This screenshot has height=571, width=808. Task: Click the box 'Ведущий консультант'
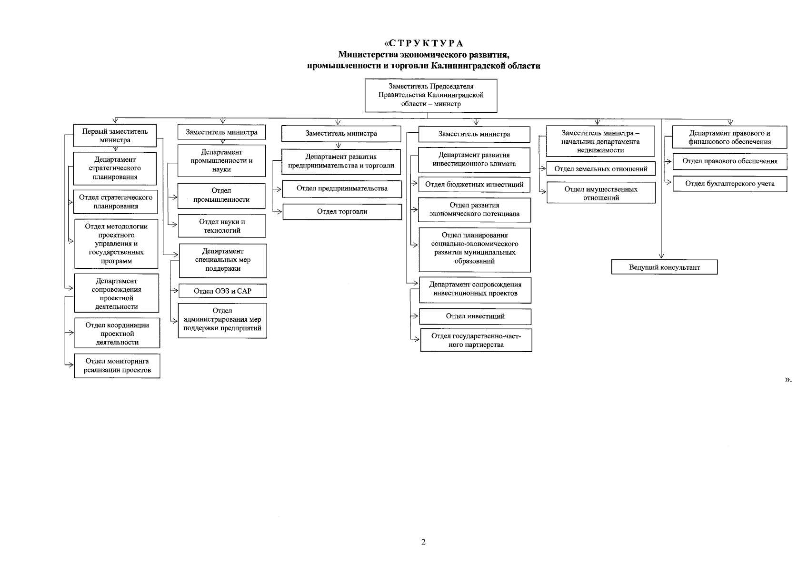tap(664, 267)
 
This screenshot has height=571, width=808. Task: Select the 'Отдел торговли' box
tap(342, 212)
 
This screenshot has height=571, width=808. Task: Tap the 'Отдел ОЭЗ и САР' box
tap(222, 291)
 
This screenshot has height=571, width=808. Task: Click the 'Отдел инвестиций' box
tap(475, 316)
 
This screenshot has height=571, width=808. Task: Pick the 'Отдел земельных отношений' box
tap(601, 169)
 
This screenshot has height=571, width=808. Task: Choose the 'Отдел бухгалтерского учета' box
tap(729, 184)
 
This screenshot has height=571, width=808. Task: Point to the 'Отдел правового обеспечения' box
tap(729, 161)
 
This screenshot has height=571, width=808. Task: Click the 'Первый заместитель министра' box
tap(115, 136)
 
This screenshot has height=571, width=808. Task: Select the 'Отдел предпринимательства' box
tap(342, 189)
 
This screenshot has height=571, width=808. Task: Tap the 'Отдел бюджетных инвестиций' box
tap(474, 185)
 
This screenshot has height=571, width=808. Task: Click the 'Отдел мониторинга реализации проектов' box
tap(117, 366)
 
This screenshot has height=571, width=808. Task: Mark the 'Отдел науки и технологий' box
tap(222, 226)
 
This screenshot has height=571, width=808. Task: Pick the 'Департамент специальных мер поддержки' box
tap(222, 260)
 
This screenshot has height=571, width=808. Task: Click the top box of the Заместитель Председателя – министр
tap(431, 95)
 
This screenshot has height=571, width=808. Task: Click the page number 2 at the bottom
tap(423, 542)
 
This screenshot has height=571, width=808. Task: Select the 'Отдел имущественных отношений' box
tap(601, 193)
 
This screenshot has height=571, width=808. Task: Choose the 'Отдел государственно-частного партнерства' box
tap(476, 340)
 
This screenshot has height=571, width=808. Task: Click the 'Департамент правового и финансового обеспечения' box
tap(729, 137)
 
